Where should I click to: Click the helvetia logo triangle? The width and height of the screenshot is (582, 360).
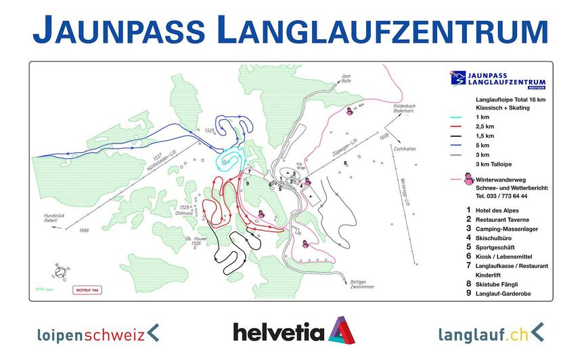click(342, 330)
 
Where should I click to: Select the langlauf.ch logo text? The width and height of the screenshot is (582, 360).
click(483, 333)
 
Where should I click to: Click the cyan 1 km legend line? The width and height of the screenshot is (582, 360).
click(460, 117)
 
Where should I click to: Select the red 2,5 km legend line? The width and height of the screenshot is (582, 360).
click(460, 127)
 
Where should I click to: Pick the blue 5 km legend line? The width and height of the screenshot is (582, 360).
click(460, 145)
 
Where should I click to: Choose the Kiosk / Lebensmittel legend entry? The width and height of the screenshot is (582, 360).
click(508, 256)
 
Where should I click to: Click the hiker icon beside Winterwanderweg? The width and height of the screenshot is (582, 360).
click(468, 179)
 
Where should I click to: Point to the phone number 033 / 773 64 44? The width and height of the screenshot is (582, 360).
click(501, 196)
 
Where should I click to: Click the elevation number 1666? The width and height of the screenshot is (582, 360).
click(84, 231)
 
